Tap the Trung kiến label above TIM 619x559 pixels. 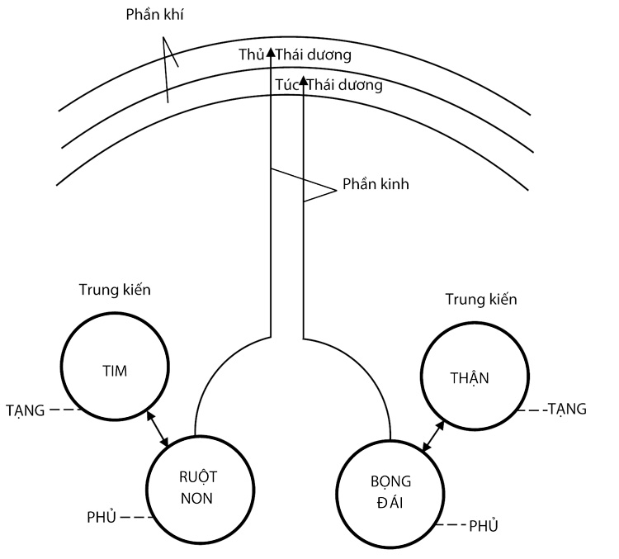[x=114, y=290]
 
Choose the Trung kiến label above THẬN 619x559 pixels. [x=480, y=299]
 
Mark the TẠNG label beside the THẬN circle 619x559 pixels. [x=569, y=408]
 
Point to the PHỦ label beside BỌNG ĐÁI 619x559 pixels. [x=484, y=525]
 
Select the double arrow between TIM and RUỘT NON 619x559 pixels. [x=157, y=426]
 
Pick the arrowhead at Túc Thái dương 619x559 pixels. [x=304, y=81]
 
